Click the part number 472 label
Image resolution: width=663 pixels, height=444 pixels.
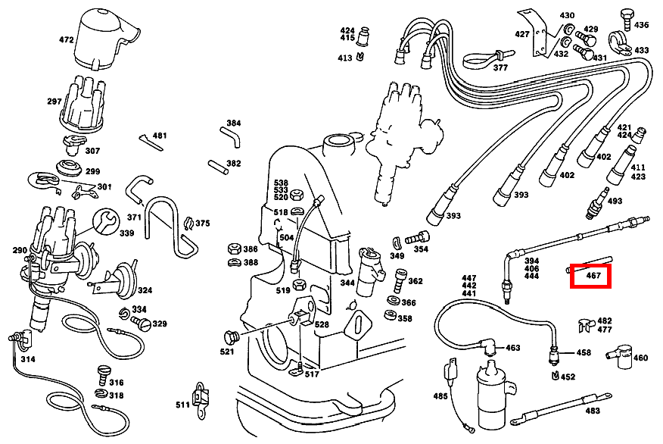[67, 40]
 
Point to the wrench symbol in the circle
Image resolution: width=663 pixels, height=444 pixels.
[106, 222]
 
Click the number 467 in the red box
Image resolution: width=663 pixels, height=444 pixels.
[593, 276]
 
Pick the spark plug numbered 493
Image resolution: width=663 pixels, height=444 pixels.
[597, 204]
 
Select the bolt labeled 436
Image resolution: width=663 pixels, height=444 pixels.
[627, 20]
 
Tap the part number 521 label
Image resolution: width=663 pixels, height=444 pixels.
[226, 352]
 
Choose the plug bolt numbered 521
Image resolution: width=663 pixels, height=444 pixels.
[232, 337]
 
